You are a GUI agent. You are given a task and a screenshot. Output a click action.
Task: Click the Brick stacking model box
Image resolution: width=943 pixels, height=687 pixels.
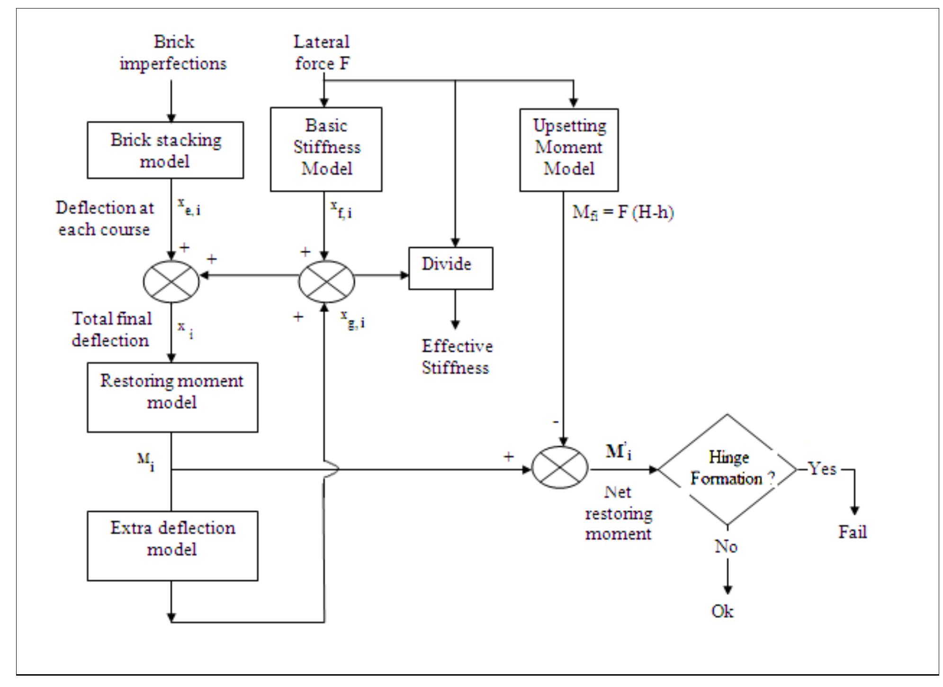[x=165, y=150]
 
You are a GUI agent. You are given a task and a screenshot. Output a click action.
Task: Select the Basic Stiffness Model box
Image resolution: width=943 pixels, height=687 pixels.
[x=326, y=149]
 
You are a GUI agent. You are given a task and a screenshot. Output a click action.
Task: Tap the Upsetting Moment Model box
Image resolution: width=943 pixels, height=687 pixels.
[x=568, y=150]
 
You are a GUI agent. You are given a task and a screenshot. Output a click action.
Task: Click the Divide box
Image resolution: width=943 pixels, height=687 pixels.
[x=450, y=268]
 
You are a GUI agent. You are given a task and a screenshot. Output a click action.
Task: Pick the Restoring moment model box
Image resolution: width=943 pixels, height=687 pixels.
[x=172, y=397]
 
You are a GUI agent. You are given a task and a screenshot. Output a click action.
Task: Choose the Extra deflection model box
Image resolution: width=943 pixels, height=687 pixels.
[x=172, y=545]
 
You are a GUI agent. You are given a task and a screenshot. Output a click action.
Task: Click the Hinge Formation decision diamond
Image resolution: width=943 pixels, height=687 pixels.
[x=727, y=470]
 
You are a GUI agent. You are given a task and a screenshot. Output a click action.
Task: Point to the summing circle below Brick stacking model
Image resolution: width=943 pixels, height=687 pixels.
[x=171, y=281]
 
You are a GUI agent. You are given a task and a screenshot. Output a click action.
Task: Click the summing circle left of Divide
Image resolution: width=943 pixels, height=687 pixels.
[x=326, y=281]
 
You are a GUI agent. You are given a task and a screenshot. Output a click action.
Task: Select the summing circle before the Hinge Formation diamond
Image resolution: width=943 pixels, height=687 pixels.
[x=560, y=468]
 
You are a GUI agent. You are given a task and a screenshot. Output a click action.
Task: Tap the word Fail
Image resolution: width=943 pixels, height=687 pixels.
[x=853, y=532]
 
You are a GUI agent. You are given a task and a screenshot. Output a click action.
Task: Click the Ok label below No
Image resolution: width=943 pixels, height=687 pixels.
[x=722, y=611]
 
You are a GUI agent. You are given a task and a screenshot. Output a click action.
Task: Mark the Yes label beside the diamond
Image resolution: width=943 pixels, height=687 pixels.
[x=822, y=469]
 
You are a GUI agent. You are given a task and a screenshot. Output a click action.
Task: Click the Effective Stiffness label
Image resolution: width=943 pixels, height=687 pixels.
[x=457, y=357]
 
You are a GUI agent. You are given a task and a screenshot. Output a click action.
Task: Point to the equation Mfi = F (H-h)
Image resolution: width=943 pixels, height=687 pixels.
[x=623, y=212]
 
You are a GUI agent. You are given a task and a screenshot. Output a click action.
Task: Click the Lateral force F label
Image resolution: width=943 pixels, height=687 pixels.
[x=322, y=53]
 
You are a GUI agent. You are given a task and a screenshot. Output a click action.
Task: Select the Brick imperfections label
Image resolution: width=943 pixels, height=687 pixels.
[x=173, y=53]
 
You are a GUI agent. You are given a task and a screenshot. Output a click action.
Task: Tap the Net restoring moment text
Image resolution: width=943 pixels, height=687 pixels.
[x=618, y=513]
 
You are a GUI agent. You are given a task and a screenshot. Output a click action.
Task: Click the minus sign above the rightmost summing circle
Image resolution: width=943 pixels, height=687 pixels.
[x=557, y=421]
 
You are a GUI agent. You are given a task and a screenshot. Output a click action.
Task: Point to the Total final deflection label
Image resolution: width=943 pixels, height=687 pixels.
[x=112, y=329]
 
